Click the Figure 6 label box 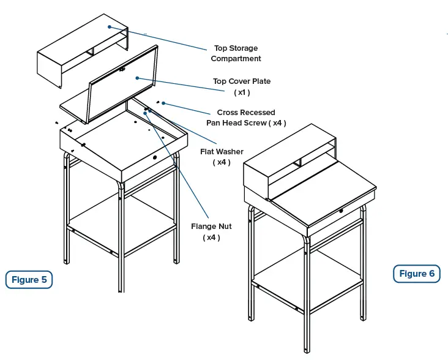coord(416,274)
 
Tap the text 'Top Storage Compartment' coord(236,53)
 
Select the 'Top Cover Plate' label coord(241,81)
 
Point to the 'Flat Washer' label coord(222,151)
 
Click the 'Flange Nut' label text coord(211,227)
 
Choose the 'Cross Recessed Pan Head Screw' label coord(245,118)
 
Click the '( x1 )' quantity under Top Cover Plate coord(241,92)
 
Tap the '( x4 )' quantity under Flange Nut coord(211,238)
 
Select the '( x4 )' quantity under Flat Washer coord(222,162)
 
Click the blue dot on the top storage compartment coord(109,26)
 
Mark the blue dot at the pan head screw coord(163,103)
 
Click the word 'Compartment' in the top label coord(236,59)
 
